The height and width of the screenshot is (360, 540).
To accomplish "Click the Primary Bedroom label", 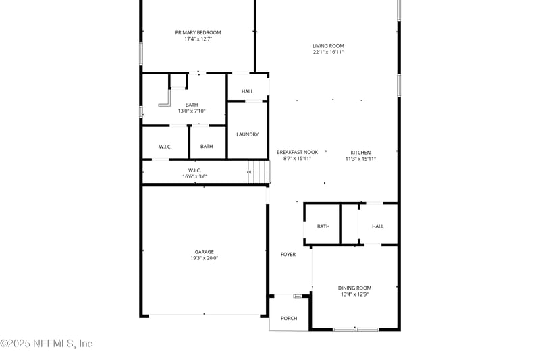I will (x=198, y=32).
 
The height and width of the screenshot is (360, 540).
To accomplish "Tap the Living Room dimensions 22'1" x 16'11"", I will (x=328, y=52).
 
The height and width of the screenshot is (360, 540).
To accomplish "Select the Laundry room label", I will (x=247, y=134).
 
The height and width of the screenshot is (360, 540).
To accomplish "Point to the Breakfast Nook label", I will (x=297, y=152).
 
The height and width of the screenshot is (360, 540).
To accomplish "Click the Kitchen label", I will (x=360, y=153).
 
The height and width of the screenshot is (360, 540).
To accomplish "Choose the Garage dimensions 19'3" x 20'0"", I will (x=204, y=258).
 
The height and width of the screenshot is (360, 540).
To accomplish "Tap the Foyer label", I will (x=288, y=254).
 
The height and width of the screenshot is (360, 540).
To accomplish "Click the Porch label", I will (x=289, y=319).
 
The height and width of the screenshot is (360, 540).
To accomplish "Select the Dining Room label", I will (x=354, y=288).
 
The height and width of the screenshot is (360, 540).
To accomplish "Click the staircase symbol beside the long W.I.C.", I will (x=259, y=172).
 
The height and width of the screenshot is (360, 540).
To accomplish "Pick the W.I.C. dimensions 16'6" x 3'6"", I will (x=194, y=177).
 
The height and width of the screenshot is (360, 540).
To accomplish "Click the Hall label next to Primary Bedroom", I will (x=247, y=91).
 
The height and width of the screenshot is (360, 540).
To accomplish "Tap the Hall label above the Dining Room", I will (x=377, y=226).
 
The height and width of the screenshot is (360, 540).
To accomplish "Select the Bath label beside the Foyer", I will (x=323, y=226).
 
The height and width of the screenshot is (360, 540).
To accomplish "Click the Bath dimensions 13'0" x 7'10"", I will (x=192, y=111).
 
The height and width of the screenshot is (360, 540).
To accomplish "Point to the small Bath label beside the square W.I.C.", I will (x=207, y=147).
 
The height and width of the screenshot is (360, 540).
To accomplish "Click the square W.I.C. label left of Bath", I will (x=165, y=147).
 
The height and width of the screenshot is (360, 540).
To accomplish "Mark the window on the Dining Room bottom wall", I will (x=356, y=330).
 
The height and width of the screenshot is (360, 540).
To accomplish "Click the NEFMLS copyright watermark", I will (x=47, y=344).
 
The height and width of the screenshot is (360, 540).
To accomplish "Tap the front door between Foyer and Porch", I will (x=298, y=296).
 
